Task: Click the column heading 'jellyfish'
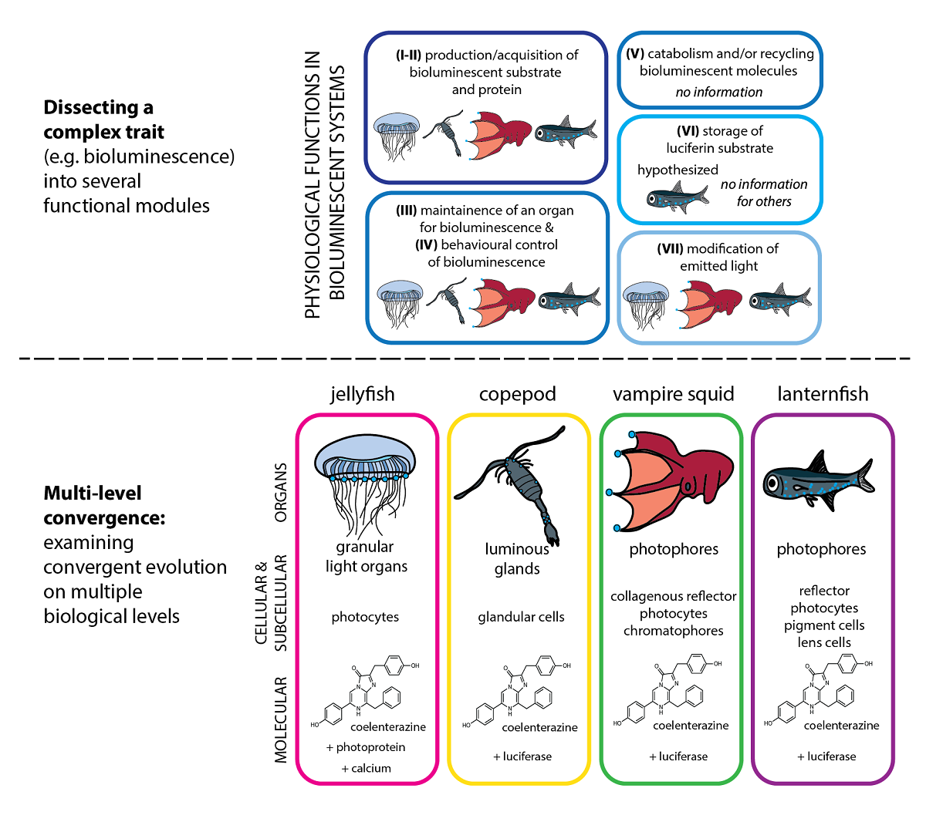pyautogui.click(x=362, y=394)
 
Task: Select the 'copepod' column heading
pyautogui.click(x=517, y=394)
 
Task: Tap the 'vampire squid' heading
pyautogui.click(x=673, y=394)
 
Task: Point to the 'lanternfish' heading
pyautogui.click(x=823, y=394)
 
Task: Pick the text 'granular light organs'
pyautogui.click(x=366, y=557)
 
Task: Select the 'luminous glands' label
pyautogui.click(x=517, y=559)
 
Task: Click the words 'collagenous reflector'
pyautogui.click(x=673, y=596)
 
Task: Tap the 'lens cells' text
pyautogui.click(x=824, y=642)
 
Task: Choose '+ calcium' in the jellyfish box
pyautogui.click(x=366, y=768)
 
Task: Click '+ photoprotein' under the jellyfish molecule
pyautogui.click(x=366, y=747)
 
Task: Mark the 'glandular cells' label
pyautogui.click(x=521, y=617)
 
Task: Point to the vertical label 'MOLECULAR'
pyautogui.click(x=281, y=719)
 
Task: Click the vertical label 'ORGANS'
pyautogui.click(x=281, y=492)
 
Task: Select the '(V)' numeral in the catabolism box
pyautogui.click(x=635, y=54)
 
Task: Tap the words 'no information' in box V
pyautogui.click(x=718, y=92)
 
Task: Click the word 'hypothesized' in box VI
pyautogui.click(x=678, y=170)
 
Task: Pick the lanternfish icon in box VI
pyautogui.click(x=677, y=197)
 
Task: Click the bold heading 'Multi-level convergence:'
pyautogui.click(x=104, y=505)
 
